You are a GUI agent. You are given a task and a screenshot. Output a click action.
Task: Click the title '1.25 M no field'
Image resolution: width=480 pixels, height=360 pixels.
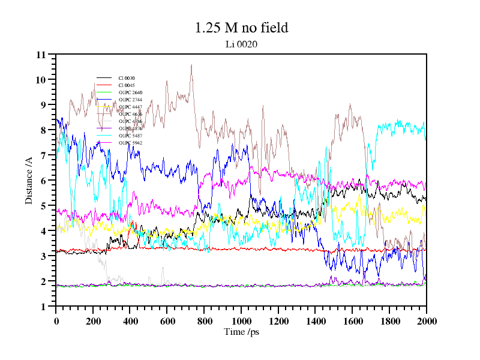click(x=241, y=28)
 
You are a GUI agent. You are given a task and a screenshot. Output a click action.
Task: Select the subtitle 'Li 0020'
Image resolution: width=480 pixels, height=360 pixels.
click(x=241, y=43)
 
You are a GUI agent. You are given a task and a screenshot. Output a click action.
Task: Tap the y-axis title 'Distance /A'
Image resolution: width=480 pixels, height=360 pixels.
click(x=29, y=181)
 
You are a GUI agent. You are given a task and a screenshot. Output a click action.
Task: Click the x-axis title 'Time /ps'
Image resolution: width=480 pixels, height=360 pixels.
click(x=241, y=331)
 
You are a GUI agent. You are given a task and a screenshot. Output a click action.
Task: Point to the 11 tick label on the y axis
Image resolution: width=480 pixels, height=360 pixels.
click(x=41, y=55)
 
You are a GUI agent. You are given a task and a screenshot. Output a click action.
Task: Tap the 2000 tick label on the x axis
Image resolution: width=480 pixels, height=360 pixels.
click(x=426, y=321)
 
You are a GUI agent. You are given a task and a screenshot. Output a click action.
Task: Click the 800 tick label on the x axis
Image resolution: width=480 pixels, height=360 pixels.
click(x=204, y=321)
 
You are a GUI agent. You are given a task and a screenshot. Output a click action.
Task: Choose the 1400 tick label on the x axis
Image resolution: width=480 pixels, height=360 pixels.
click(x=315, y=321)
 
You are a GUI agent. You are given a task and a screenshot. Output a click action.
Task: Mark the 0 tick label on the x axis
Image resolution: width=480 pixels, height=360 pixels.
click(x=56, y=321)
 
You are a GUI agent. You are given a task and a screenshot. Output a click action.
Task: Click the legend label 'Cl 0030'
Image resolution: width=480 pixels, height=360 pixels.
click(x=127, y=78)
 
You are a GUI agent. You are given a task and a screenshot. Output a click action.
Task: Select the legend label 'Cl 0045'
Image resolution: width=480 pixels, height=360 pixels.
click(x=127, y=85)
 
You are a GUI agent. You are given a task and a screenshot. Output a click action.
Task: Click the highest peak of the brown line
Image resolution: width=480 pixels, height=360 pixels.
click(x=191, y=65)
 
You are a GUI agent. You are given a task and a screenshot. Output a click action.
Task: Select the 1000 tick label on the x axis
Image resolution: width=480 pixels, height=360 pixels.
click(x=241, y=321)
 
